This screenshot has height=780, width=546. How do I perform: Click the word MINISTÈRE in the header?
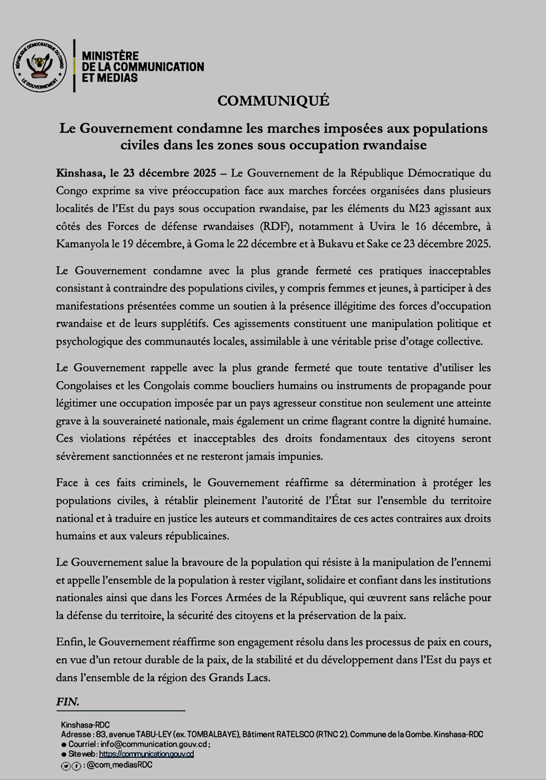pyautogui.click(x=110, y=56)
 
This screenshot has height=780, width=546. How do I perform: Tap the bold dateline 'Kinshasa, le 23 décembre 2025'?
pyautogui.click(x=136, y=173)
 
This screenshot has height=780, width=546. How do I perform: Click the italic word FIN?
pyautogui.click(x=67, y=702)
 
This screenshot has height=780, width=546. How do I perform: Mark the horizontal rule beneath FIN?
pyautogui.click(x=120, y=711)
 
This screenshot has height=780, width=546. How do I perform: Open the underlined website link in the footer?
pyautogui.click(x=146, y=754)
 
